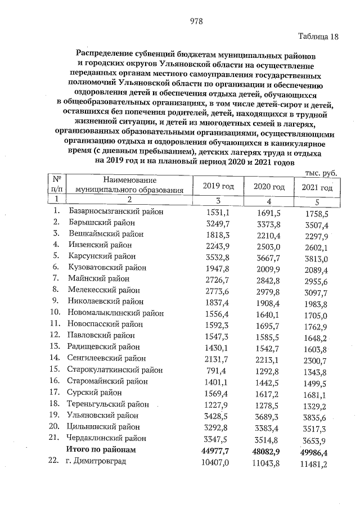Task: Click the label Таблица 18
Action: [318, 37]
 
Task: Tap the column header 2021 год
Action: [317, 187]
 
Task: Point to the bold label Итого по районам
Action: [101, 449]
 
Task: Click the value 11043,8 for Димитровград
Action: [264, 462]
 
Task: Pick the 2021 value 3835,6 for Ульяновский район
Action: [316, 417]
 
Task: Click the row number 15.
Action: [55, 370]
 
